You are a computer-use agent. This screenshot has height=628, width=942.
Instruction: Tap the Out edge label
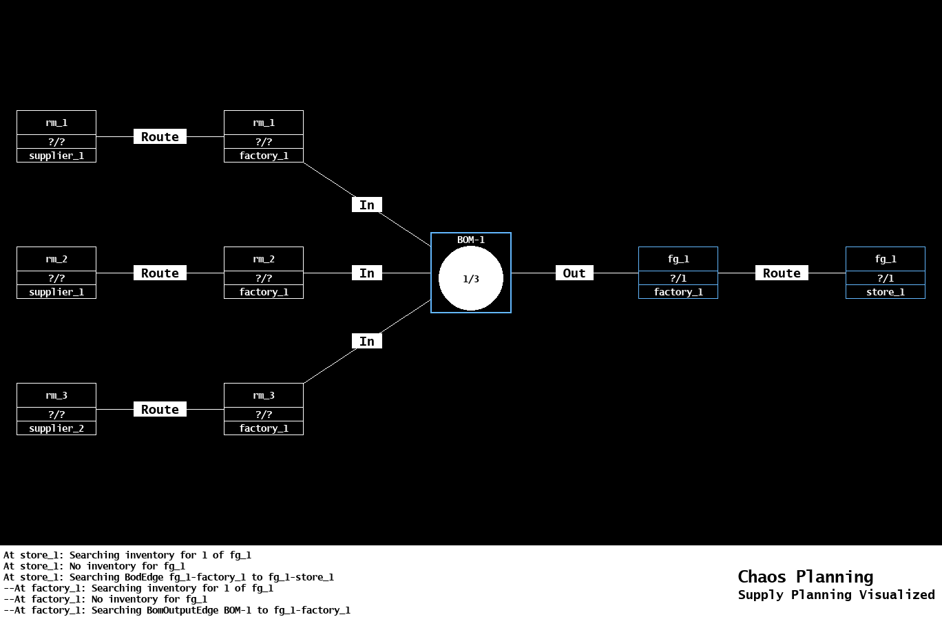(x=574, y=273)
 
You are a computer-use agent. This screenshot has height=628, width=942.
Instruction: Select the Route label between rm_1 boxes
(x=160, y=137)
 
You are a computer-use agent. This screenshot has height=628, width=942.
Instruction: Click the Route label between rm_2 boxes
(x=160, y=273)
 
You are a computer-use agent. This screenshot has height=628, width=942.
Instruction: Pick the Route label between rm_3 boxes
(x=160, y=410)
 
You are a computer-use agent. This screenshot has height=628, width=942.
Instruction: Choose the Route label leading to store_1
(x=782, y=273)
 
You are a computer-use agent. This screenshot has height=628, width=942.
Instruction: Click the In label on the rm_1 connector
(x=367, y=205)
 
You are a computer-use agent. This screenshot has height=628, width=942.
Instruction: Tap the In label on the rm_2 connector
(x=367, y=273)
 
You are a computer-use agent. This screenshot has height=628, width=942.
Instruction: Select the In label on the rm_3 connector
(x=367, y=342)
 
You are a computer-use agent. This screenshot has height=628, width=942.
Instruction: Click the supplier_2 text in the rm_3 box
(x=56, y=428)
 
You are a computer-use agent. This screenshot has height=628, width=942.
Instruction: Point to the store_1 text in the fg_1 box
(x=886, y=292)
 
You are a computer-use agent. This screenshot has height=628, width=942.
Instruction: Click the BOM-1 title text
(x=471, y=240)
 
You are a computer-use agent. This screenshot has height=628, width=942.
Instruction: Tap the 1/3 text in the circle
(x=471, y=279)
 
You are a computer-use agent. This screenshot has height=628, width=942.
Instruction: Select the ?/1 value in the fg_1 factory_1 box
(x=678, y=278)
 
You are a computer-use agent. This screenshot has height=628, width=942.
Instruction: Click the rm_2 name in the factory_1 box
(x=264, y=259)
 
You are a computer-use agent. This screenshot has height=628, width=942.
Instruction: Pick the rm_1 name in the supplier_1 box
(x=56, y=123)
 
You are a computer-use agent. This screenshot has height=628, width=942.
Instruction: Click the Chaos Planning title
(x=805, y=576)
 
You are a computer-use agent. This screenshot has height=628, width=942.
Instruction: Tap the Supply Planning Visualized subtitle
(x=836, y=595)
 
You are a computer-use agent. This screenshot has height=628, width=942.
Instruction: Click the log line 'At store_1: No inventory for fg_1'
(x=94, y=566)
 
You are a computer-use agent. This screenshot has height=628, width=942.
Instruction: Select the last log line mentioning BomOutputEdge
(x=177, y=610)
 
